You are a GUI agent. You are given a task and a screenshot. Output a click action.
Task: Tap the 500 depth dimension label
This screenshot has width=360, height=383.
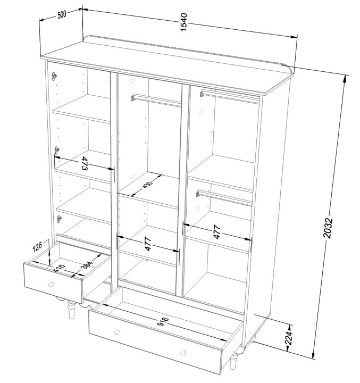pyautogui.click(x=62, y=15)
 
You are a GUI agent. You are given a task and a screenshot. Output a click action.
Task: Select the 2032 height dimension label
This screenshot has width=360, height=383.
pyautogui.click(x=328, y=228)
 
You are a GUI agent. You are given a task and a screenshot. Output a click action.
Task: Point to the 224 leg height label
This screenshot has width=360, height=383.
pyautogui.click(x=289, y=338)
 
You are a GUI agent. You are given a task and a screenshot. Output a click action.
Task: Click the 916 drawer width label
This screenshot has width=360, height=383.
pyautogui.click(x=163, y=321)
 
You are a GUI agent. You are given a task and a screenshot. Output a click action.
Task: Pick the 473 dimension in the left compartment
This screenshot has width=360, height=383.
pyautogui.click(x=84, y=163)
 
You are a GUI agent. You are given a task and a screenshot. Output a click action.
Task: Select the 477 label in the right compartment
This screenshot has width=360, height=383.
pyautogui.click(x=217, y=232)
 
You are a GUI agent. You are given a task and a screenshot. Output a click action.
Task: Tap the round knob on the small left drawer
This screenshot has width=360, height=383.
pyautogui.click(x=51, y=284)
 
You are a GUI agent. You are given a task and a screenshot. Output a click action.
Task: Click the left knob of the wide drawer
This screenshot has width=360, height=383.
pyautogui.click(x=117, y=332)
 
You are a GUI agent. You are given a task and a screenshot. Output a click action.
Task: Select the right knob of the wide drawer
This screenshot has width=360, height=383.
pyautogui.click(x=183, y=353)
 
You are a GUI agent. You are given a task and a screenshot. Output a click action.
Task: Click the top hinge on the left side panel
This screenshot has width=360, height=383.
pyautogui.click(x=54, y=77)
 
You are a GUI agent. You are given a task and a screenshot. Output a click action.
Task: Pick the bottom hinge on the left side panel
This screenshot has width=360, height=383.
pyautogui.click(x=59, y=219)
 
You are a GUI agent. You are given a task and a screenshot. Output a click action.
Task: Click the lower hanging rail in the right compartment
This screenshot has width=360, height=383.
pyautogui.click(x=224, y=197)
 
